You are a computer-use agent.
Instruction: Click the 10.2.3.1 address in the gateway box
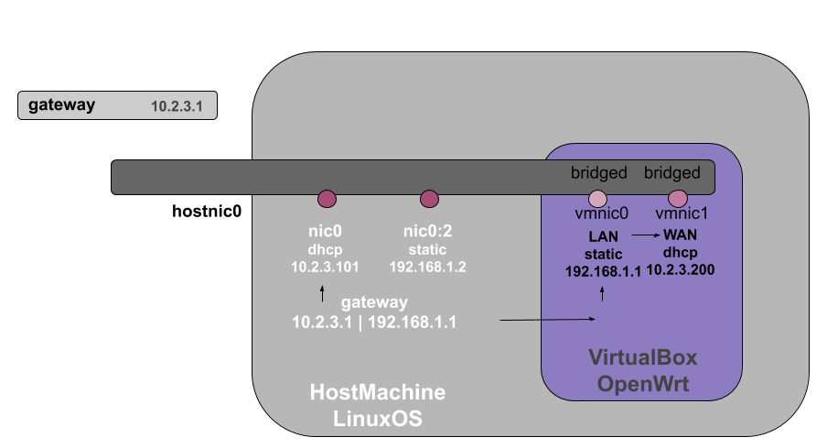pos(183,107)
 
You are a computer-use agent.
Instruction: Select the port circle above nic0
pos(327,199)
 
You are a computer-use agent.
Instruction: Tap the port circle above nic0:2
pos(429,199)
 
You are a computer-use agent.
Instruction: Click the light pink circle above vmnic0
pos(597,199)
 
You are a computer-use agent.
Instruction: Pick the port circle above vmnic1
pos(678,199)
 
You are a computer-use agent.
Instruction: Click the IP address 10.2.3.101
pos(325,268)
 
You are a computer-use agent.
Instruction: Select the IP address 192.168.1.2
pos(428,268)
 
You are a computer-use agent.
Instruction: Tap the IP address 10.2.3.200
pos(680,269)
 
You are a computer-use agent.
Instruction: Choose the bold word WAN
pos(680,235)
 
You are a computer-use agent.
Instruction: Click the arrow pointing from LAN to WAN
pos(645,235)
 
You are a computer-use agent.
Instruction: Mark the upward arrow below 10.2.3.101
pos(322,293)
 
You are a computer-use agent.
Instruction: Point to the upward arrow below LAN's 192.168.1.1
pos(602,293)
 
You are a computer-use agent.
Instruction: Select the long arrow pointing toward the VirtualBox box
pos(548,320)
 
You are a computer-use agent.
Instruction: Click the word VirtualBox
pos(642,357)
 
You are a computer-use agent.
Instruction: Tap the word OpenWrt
pos(642,384)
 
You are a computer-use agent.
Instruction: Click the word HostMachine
pos(378,393)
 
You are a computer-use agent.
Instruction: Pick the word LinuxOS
pos(378,420)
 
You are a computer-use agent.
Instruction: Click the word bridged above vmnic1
pos(672,173)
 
